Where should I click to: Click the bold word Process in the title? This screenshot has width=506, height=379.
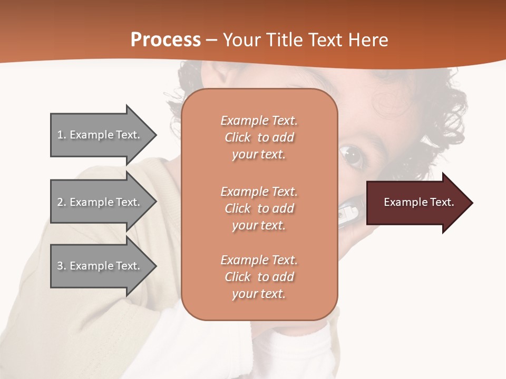pyautogui.click(x=166, y=40)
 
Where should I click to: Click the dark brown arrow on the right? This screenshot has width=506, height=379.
pyautogui.click(x=416, y=203)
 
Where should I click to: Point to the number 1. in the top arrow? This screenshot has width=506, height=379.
pyautogui.click(x=62, y=135)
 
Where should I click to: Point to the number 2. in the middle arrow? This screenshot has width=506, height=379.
pyautogui.click(x=62, y=202)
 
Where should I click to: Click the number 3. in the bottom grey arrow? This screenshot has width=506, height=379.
pyautogui.click(x=62, y=266)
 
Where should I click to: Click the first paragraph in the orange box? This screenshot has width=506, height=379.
pyautogui.click(x=259, y=137)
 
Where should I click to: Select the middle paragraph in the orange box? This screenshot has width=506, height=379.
pyautogui.click(x=259, y=208)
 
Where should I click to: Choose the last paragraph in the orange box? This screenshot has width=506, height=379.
pyautogui.click(x=259, y=277)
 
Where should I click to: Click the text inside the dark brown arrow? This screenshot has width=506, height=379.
pyautogui.click(x=419, y=202)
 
